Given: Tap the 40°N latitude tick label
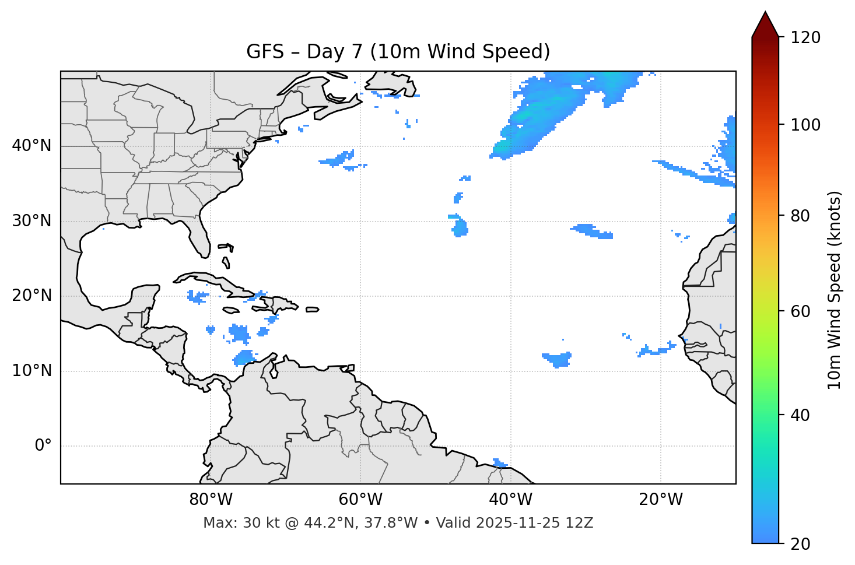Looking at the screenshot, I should (31, 146).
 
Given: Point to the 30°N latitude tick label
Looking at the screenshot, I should (31, 221).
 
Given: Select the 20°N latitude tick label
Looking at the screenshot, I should (31, 296).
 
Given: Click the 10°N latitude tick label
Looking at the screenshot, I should (31, 371).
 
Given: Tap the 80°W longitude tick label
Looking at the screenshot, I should (211, 500).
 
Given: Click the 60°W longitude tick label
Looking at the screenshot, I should (360, 500).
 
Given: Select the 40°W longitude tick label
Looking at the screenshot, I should (510, 500).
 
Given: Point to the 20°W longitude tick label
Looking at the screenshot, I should (660, 500).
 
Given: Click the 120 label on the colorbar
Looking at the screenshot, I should (805, 38).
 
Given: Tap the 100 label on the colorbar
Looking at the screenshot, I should (805, 125).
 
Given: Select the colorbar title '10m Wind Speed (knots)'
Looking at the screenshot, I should (835, 290).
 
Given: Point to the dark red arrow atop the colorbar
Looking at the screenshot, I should (765, 25).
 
